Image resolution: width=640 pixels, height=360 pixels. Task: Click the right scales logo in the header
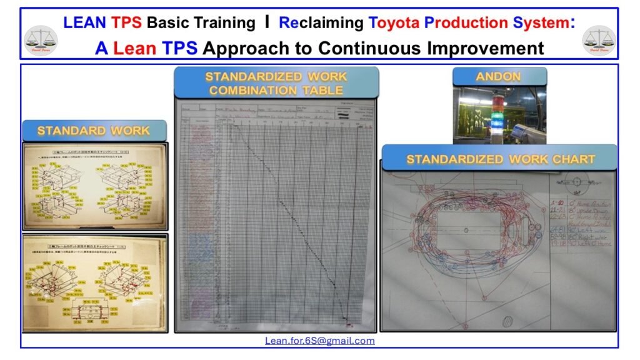point(599,39)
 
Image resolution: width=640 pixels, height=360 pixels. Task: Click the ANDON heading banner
point(499,76)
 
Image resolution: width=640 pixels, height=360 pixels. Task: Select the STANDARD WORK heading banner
point(94,131)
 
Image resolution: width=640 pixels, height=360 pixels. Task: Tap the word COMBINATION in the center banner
point(244,90)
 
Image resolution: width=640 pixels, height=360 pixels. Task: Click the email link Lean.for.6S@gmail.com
point(320,341)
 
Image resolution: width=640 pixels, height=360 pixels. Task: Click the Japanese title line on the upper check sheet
point(94,151)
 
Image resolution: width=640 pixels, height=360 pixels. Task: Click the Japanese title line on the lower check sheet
point(94,242)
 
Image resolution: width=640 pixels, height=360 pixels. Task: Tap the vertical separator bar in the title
point(267,22)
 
